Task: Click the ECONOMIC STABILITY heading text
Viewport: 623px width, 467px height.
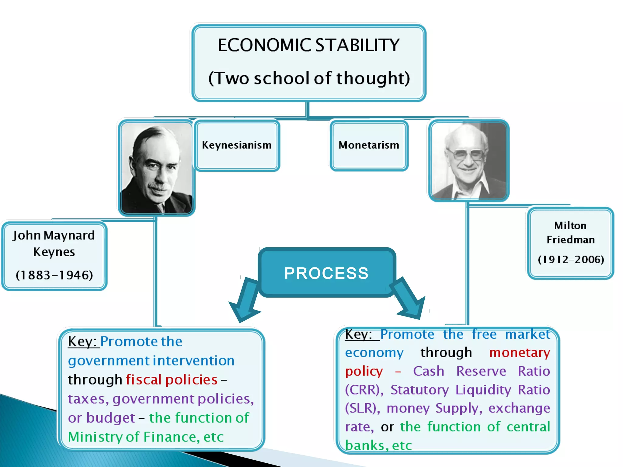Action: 308,45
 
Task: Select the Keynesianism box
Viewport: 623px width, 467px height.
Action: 237,145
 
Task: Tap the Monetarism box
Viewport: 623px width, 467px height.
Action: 369,145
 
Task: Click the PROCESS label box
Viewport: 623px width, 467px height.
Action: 326,273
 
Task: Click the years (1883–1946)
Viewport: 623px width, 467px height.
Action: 54,275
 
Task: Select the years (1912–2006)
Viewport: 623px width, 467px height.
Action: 571,259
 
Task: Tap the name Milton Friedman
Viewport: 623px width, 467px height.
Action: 570,233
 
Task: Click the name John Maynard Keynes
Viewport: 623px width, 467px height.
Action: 54,243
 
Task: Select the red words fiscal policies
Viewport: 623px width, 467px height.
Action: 172,380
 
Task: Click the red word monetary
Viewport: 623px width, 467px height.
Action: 520,353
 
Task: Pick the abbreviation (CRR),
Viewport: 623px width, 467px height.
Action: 364,390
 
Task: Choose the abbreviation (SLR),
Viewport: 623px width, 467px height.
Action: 362,408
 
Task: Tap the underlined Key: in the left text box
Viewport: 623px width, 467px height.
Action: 82,341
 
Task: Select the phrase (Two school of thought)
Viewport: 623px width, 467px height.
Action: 309,78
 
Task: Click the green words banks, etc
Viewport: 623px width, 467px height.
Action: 378,446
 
